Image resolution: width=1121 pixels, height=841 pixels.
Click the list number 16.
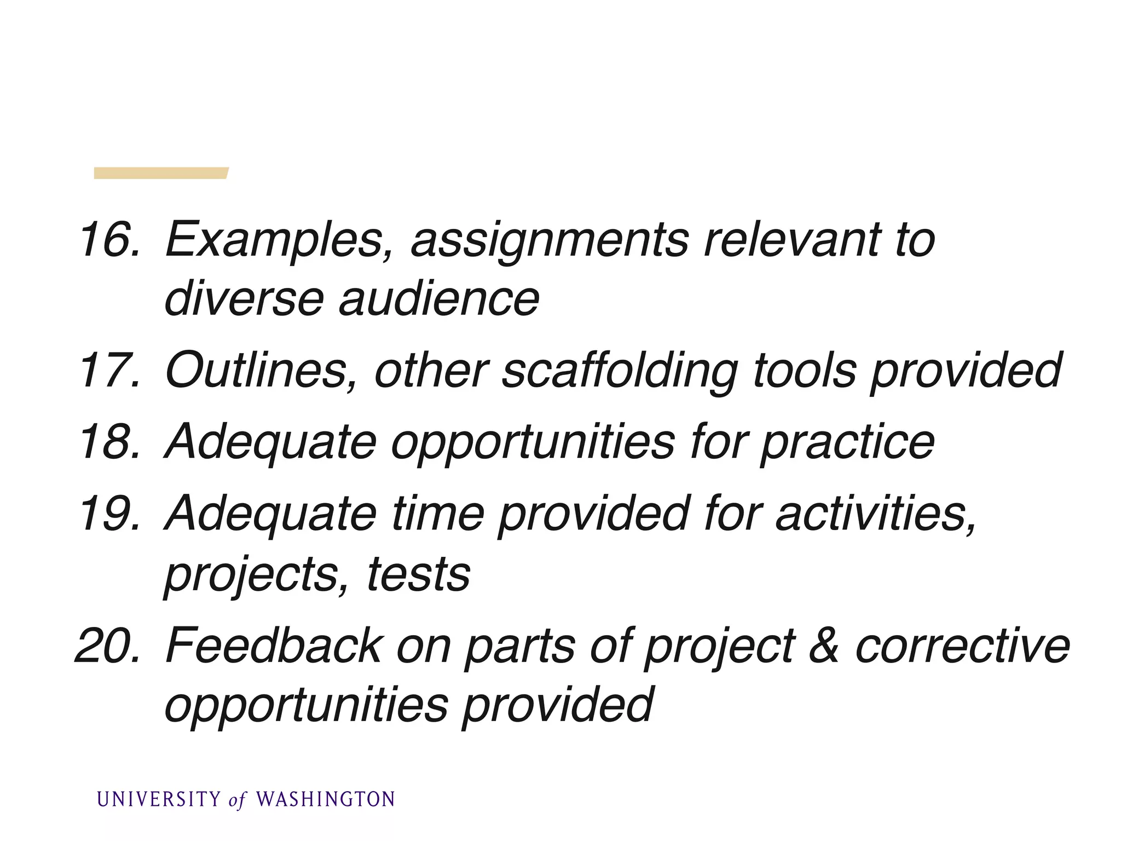pos(109,239)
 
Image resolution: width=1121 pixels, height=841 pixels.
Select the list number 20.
pos(108,646)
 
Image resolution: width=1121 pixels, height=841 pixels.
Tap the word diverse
pos(244,299)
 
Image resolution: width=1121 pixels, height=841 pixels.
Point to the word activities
pos(875,514)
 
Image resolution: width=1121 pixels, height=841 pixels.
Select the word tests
pos(419,574)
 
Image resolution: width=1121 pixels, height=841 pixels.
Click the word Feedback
pos(274,646)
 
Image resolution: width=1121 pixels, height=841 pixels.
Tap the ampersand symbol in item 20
pos(824,646)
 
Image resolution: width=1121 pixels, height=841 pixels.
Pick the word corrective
pos(962,646)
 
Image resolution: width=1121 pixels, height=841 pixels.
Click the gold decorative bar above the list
pos(161,173)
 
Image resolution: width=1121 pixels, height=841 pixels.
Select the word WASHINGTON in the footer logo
pos(326,799)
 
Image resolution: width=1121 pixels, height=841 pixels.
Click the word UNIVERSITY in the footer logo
pos(159,799)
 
